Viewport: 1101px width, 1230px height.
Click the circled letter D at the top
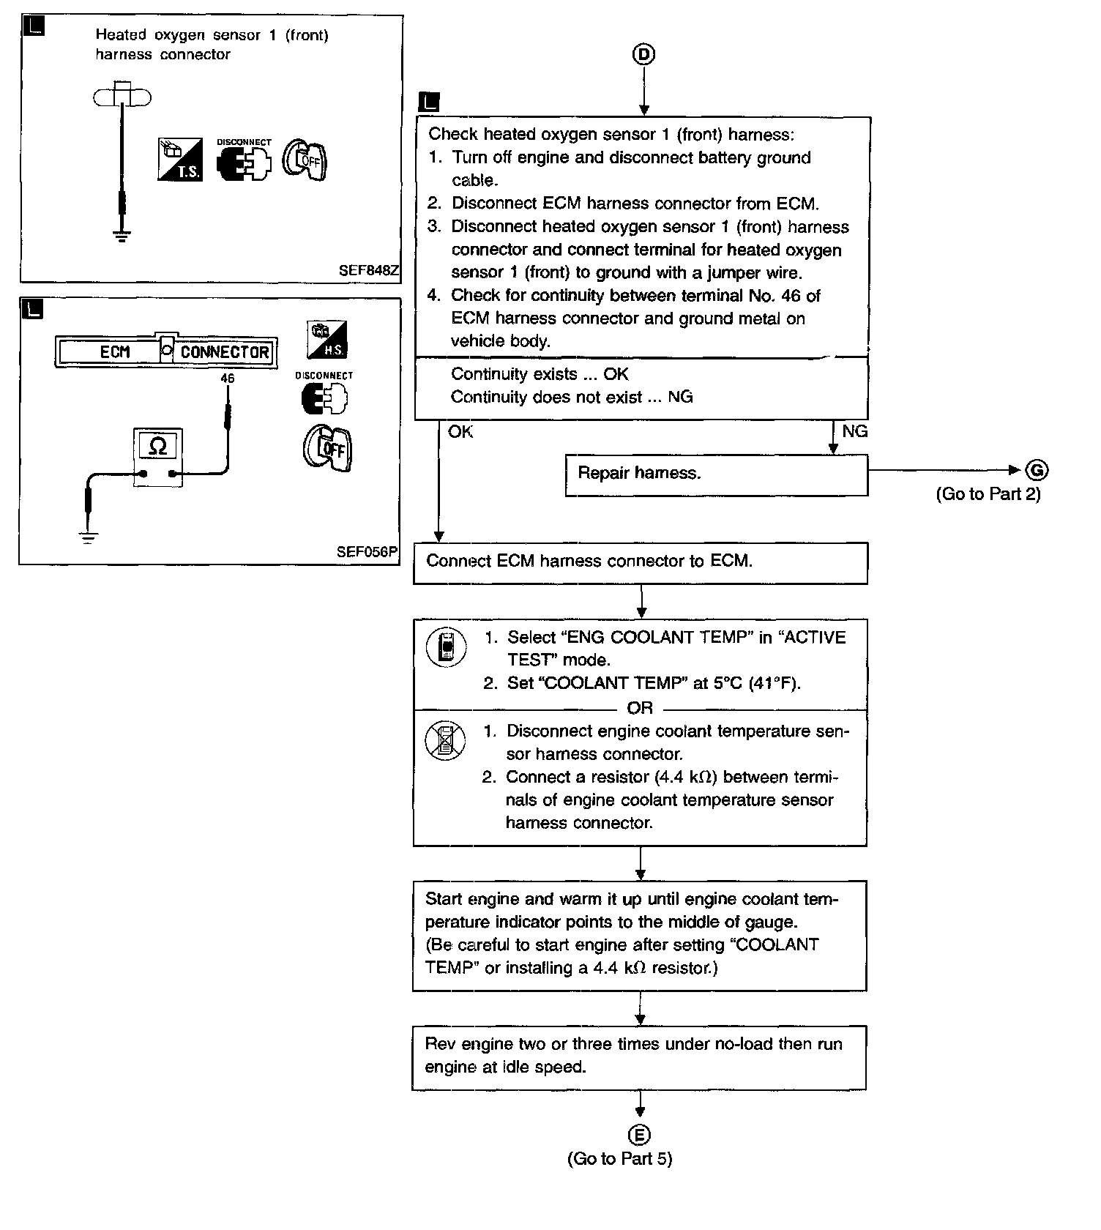pos(643,54)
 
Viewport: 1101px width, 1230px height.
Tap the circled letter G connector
pos(1037,470)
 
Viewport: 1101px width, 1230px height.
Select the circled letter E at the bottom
pos(639,1135)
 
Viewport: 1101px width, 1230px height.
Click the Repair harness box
pos(716,474)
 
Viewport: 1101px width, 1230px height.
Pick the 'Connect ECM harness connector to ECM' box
pos(640,562)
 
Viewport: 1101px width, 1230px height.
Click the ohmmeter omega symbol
pos(157,445)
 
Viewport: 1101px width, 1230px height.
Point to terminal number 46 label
pos(227,379)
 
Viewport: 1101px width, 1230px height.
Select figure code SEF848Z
pos(368,270)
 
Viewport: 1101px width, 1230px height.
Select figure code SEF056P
pos(367,551)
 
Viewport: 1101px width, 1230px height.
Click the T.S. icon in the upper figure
pos(180,159)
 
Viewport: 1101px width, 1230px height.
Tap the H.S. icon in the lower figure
pos(327,340)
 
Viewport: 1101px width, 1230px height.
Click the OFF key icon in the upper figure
pos(305,160)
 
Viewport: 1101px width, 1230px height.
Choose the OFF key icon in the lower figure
pos(328,447)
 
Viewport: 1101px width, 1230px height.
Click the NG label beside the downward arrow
pos(854,431)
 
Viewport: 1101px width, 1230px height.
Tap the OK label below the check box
pos(460,432)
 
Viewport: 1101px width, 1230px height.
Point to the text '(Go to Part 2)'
pos(988,494)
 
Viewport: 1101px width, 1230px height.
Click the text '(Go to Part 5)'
pos(619,1158)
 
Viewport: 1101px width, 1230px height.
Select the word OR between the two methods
pos(639,708)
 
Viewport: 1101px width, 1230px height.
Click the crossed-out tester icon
pos(445,739)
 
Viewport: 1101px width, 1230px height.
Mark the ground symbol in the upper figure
pos(122,236)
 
